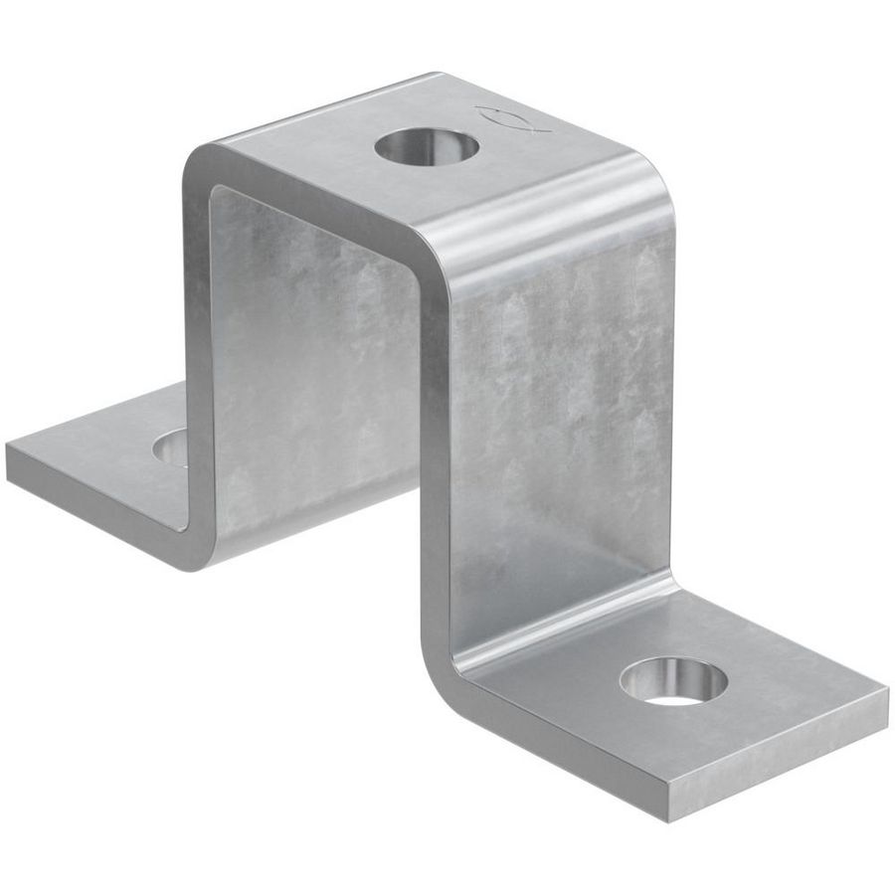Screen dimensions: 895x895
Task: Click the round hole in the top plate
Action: pos(427,148)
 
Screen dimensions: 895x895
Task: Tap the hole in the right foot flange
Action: pos(673,682)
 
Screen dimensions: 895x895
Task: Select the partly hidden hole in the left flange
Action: pos(172,448)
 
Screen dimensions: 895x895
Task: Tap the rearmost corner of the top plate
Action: pos(436,75)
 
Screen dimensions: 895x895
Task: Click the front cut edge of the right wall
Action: pos(434,447)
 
